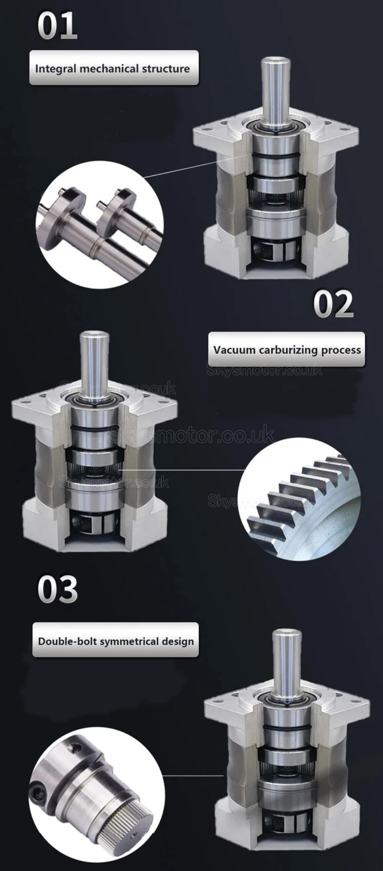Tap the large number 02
(333, 304)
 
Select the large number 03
(58, 590)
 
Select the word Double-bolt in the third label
(67, 641)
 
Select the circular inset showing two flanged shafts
(99, 225)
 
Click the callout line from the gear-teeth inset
(182, 470)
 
